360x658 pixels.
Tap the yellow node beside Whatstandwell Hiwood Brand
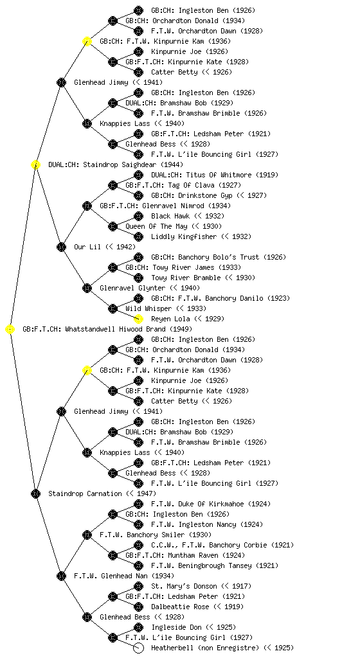(10, 329)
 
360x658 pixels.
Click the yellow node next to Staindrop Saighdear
(35, 164)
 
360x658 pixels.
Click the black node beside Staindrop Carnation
(35, 493)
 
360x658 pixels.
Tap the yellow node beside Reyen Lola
(138, 319)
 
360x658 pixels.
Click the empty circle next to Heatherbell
(138, 648)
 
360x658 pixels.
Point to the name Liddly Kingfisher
(184, 236)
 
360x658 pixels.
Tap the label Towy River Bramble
(186, 278)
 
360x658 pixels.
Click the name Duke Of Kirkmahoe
(212, 504)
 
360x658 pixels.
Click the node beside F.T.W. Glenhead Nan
(61, 576)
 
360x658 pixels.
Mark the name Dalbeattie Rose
(180, 607)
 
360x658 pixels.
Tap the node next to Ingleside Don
(138, 627)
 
